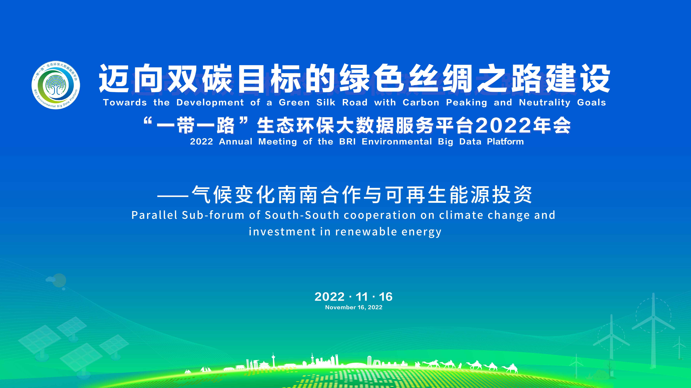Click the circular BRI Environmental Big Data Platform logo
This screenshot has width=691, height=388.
pos(56,85)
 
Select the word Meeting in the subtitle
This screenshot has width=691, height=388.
pos(278,142)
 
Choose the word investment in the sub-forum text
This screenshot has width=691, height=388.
pos(282,232)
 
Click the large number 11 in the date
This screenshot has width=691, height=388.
pos(362,297)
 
